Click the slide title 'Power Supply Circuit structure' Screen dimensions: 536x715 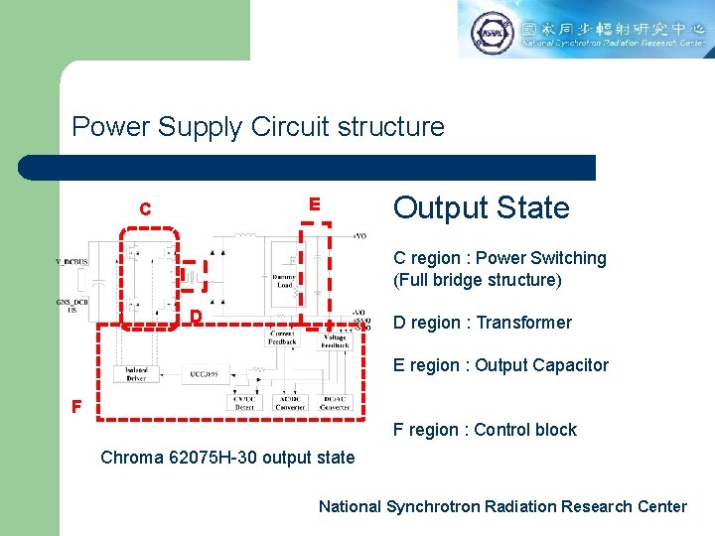pos(258,127)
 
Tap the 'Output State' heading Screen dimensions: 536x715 pos(482,207)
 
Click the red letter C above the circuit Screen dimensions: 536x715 pos(145,209)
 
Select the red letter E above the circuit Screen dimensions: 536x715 pos(314,203)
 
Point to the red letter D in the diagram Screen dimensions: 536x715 pos(197,317)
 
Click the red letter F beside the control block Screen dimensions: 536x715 pos(74,406)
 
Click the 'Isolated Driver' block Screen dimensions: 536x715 pos(136,374)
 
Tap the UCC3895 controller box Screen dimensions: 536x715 pos(206,374)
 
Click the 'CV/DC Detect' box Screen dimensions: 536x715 pos(244,402)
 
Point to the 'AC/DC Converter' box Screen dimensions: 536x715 pos(291,402)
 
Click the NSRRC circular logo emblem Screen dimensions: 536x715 pos(492,33)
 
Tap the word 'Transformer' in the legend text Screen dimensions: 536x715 pos(524,323)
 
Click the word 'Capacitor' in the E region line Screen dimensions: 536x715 pos(570,365)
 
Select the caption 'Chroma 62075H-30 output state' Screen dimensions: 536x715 pos(227,458)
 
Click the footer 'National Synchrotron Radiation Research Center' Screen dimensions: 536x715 pos(502,506)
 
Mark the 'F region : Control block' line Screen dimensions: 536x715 pos(485,430)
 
